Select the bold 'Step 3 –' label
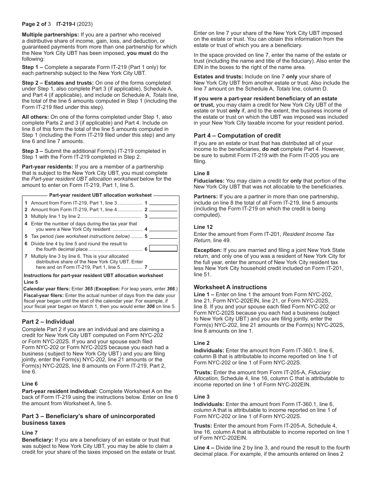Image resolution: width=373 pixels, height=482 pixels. tap(33, 151)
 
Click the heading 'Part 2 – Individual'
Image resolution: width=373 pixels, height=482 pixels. tap(48, 322)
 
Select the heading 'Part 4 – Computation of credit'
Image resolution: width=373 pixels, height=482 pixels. tap(237, 136)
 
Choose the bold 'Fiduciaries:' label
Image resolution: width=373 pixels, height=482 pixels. tap(209, 181)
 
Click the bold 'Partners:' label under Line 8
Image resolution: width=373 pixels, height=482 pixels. tap(206, 196)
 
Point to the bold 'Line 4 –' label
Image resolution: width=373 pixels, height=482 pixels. tap(204, 448)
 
